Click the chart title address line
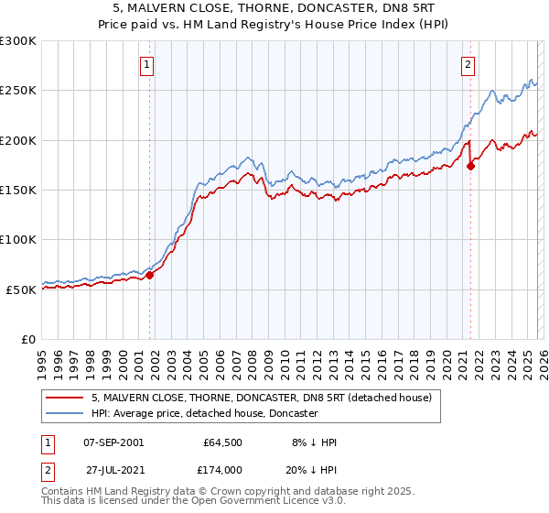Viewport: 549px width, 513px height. click(274, 8)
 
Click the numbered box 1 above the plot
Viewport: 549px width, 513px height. click(147, 64)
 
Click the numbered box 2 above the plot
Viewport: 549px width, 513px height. click(468, 64)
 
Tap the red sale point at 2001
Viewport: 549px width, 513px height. click(150, 275)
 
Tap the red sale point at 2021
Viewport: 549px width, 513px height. click(471, 166)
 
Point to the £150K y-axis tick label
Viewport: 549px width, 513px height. click(18, 190)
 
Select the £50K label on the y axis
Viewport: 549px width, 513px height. click(21, 289)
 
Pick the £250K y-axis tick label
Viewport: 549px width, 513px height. click(18, 91)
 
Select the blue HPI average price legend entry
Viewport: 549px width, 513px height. click(204, 413)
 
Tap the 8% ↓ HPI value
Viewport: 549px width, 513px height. click(313, 442)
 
